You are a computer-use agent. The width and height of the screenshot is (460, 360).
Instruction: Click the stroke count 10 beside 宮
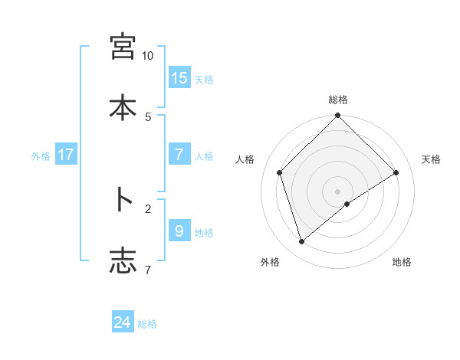(x=147, y=56)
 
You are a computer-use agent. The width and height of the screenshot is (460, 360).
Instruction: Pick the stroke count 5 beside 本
(x=147, y=116)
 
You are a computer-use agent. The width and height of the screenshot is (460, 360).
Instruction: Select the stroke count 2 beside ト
(x=147, y=208)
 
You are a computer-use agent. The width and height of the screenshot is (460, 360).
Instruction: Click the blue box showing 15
(x=179, y=78)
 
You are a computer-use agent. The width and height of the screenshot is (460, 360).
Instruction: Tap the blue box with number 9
(x=179, y=231)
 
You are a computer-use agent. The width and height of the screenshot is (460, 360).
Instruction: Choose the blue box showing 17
(x=66, y=155)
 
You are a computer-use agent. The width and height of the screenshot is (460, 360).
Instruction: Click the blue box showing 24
(x=123, y=322)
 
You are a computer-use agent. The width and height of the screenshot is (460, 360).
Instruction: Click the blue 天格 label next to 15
(x=204, y=79)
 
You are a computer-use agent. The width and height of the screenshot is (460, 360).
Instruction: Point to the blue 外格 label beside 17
(x=41, y=155)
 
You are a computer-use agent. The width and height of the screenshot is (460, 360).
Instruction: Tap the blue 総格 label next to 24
(x=147, y=324)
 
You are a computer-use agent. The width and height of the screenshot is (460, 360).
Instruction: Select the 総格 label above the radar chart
(x=338, y=100)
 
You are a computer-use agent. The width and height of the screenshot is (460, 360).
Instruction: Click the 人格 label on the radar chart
(x=245, y=159)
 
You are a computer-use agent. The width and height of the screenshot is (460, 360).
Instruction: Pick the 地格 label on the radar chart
(x=402, y=262)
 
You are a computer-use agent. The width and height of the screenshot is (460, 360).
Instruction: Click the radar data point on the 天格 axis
(x=396, y=173)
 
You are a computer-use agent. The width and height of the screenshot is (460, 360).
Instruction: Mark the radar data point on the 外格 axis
(x=301, y=242)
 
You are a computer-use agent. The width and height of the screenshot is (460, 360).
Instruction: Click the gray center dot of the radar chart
(x=338, y=191)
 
